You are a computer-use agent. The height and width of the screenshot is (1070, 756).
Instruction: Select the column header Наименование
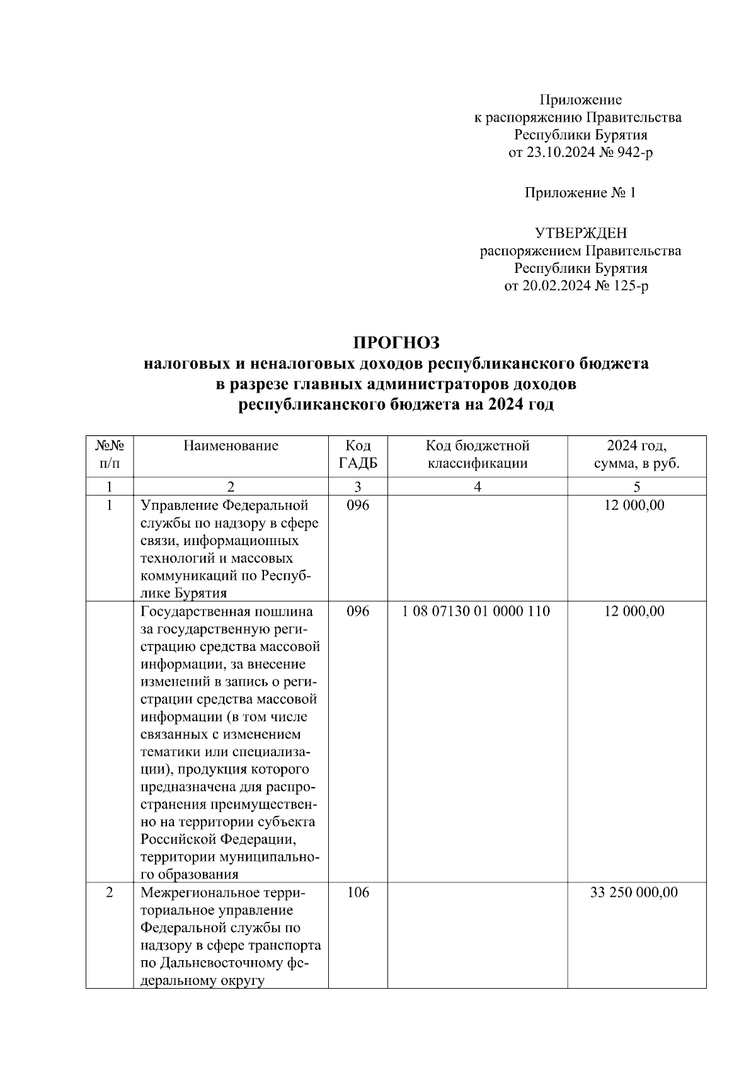pos(231,446)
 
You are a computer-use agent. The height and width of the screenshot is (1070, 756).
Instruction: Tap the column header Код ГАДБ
pos(358,455)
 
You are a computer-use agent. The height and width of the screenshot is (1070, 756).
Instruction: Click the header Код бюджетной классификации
pos(477,455)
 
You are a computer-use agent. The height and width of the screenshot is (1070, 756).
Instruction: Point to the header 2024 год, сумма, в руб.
pos(636,455)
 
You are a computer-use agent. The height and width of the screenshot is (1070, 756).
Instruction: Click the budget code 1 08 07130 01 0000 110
pos(476,611)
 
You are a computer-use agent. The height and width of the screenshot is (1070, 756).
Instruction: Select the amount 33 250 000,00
pos(634,892)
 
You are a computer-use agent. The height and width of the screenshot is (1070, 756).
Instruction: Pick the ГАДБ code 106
pos(358,892)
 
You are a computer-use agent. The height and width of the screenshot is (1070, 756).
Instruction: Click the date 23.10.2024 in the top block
pos(558,152)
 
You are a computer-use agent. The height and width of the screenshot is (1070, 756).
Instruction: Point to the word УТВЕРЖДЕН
pos(580,233)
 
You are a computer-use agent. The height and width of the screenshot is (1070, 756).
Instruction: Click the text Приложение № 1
pos(580,193)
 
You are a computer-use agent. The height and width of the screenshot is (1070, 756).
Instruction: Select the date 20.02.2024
pos(554,286)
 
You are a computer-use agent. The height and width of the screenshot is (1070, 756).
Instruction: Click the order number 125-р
pos(631,286)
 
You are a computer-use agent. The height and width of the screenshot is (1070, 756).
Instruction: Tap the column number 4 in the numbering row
pos(477,486)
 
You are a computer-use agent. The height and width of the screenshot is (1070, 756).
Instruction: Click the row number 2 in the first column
pos(109,892)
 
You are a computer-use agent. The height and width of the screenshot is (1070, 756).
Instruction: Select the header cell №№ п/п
pos(109,455)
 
